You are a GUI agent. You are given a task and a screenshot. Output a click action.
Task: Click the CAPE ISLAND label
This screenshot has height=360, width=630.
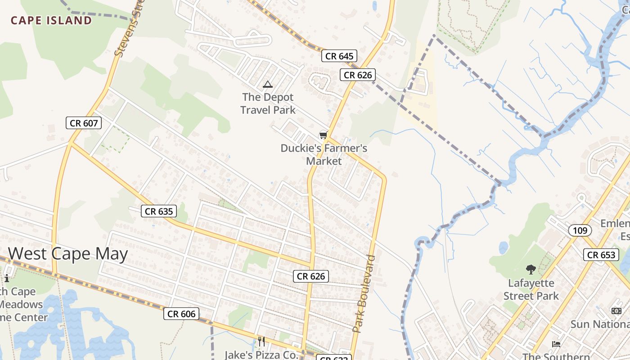51,20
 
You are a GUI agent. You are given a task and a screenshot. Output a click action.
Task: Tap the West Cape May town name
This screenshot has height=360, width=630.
68,254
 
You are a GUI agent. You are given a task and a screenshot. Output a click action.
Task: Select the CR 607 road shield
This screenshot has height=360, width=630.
84,123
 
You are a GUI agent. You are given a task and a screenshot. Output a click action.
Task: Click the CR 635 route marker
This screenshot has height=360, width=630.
159,211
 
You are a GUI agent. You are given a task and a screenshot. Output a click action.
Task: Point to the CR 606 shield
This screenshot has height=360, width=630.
181,314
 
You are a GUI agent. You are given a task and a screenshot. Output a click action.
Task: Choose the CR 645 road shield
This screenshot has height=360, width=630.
339,56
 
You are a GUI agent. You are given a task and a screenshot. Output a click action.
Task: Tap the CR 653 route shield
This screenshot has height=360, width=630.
601,255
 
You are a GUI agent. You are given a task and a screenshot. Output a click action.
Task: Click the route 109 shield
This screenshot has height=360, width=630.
580,231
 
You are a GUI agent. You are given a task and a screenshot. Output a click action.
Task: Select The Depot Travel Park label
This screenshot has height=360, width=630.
268,103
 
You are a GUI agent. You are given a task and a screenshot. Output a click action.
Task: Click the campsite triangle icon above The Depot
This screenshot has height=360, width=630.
268,84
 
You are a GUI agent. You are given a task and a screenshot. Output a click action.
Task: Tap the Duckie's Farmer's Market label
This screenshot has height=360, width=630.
324,154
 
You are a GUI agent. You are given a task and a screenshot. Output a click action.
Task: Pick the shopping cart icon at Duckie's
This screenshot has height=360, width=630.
323,135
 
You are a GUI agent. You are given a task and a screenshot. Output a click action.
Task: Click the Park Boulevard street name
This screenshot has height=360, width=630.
364,293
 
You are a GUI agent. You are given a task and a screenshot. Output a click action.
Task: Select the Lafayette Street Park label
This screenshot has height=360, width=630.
531,289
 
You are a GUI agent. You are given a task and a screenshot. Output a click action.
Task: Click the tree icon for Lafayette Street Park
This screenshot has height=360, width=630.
531,270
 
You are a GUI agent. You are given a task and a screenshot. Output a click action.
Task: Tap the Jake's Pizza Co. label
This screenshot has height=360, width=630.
261,355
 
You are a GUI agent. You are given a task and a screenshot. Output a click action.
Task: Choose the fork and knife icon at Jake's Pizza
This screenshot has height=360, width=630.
261,341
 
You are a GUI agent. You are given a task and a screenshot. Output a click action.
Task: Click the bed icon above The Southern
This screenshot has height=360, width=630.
556,344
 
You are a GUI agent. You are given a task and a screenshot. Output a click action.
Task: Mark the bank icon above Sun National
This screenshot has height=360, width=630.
616,310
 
